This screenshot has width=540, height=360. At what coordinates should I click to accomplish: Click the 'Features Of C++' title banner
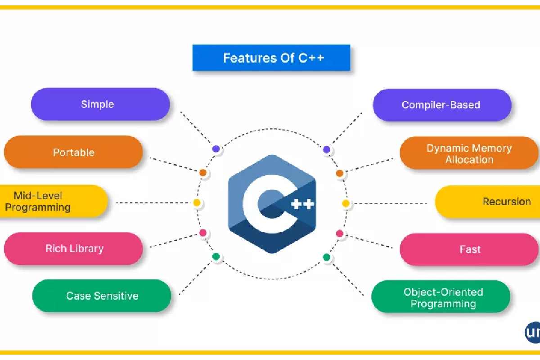(271, 58)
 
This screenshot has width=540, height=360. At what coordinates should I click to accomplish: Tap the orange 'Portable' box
(73, 152)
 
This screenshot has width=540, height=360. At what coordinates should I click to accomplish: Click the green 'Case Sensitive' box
(102, 296)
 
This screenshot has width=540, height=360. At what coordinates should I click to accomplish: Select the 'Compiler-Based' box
(441, 105)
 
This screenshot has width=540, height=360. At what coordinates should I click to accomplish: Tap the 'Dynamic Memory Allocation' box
(469, 153)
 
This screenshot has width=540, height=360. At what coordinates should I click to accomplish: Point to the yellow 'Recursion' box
(488, 202)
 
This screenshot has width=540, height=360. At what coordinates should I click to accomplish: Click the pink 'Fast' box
(469, 249)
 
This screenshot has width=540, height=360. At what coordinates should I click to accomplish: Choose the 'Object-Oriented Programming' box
(441, 297)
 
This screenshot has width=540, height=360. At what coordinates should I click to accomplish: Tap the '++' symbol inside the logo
(302, 204)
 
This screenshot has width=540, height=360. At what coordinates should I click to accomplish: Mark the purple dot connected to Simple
(216, 148)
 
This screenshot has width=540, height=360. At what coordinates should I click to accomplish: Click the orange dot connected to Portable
(203, 172)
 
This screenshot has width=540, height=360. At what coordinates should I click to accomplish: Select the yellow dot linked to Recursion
(346, 203)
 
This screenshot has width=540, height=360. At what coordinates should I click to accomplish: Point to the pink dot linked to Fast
(340, 234)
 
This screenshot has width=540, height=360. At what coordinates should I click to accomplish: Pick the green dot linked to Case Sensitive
(216, 257)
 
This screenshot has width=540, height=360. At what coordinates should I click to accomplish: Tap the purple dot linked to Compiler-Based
(327, 149)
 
